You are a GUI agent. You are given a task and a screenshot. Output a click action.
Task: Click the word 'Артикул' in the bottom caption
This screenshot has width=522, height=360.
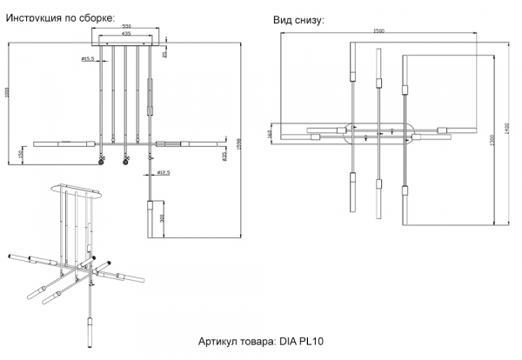(219, 342)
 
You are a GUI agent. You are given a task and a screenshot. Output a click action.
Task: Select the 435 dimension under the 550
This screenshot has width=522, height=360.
(127, 36)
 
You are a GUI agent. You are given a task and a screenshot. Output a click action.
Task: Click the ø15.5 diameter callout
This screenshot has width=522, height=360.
(88, 58)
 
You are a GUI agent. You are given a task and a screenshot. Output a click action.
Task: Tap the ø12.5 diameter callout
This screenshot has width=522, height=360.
(162, 172)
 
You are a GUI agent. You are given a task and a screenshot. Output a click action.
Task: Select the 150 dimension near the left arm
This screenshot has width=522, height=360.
(20, 155)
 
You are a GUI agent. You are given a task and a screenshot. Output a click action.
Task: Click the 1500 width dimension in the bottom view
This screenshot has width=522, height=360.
(378, 31)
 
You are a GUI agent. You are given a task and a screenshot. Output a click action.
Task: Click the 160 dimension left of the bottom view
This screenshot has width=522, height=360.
(271, 134)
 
